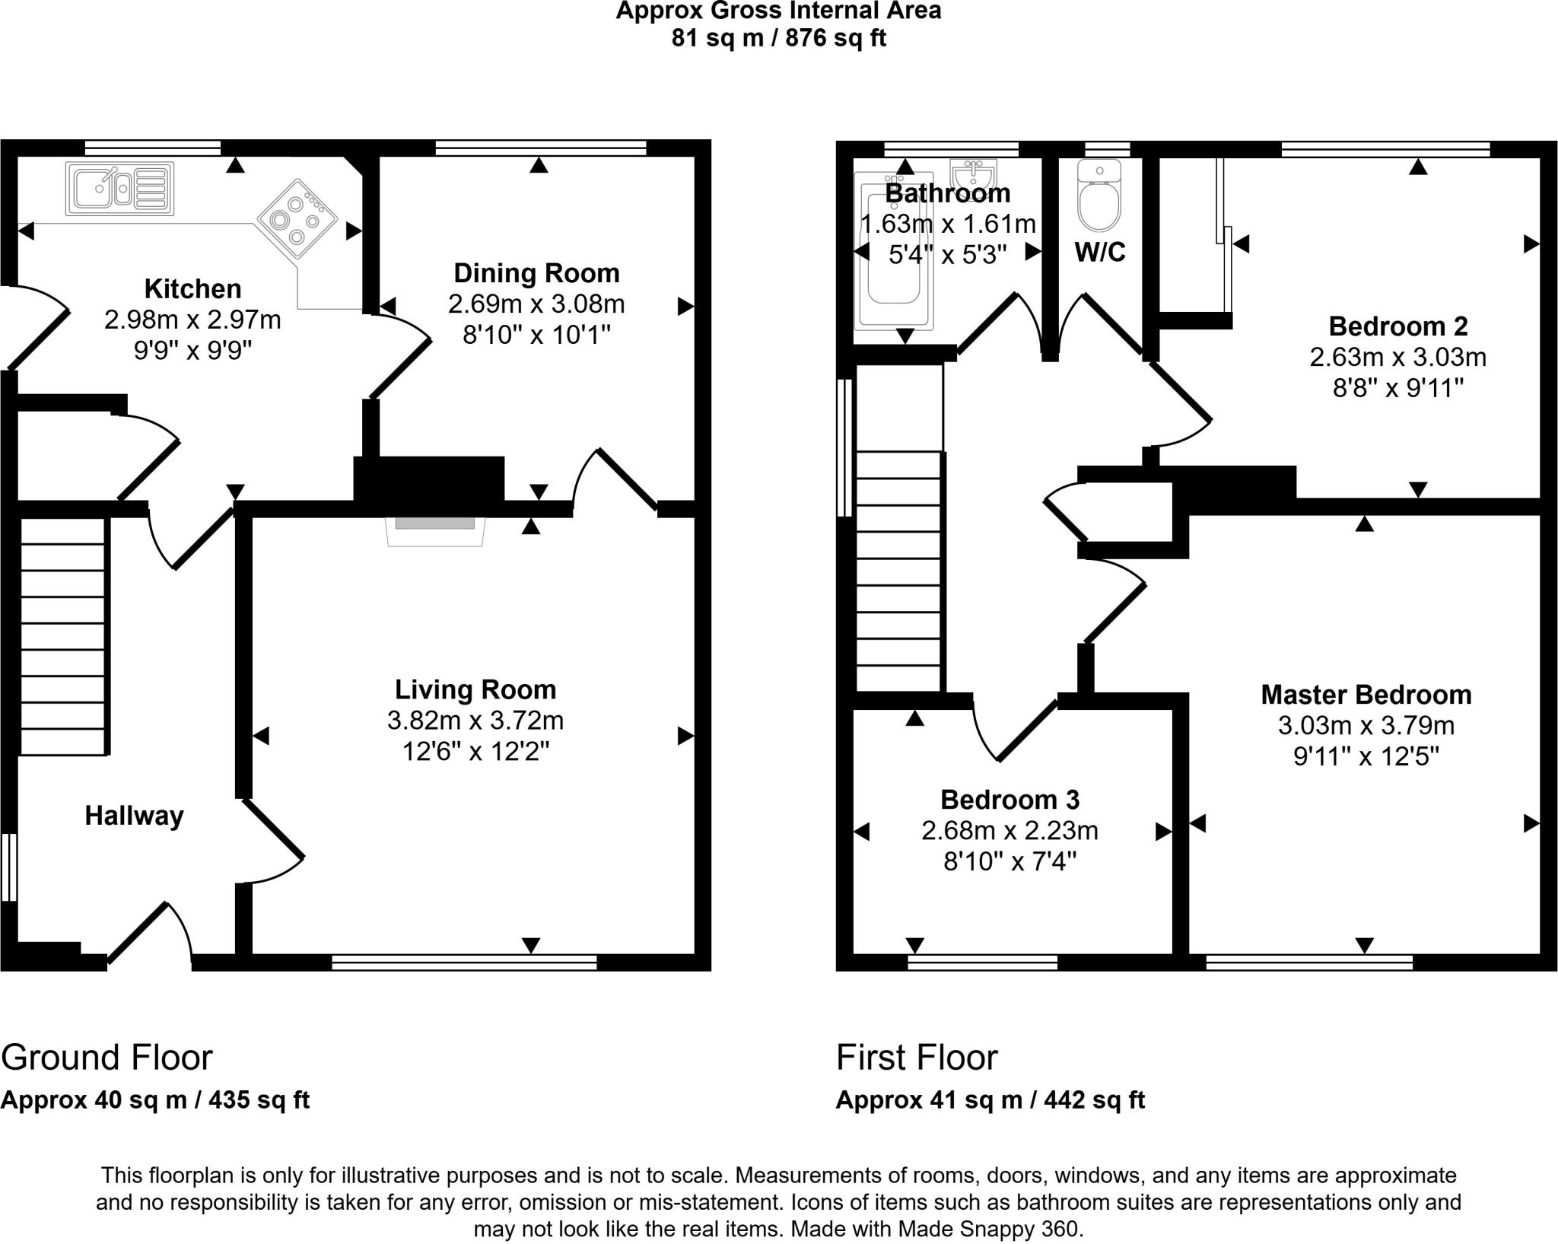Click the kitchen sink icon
coord(120,187)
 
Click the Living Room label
coord(475,689)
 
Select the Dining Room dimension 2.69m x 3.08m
coord(536,304)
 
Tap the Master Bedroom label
coord(1366,695)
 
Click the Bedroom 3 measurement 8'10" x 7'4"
coord(1010,862)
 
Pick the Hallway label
coord(134,816)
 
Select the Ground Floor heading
coord(107,1058)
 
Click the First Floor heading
coord(917,1058)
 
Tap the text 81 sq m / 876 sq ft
coord(778,38)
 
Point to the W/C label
coord(1100,252)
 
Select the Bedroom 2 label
coord(1398,326)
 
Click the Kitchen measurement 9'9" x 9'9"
coord(192,351)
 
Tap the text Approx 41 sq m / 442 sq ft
coord(990,1100)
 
